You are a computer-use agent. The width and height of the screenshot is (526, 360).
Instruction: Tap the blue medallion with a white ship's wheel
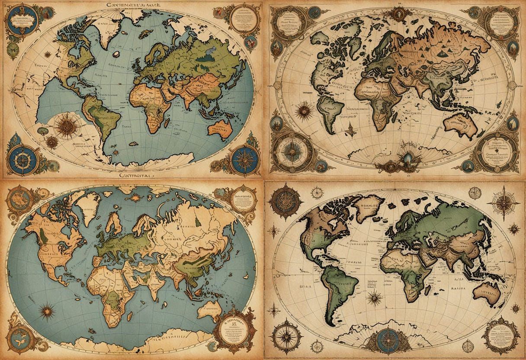[x=21, y=159]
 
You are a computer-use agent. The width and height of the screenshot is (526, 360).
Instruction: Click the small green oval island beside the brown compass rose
[x=42, y=130]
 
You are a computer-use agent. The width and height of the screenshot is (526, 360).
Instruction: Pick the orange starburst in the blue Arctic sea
[x=135, y=198]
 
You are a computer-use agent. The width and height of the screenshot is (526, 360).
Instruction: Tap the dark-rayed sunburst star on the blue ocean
[x=45, y=310]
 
